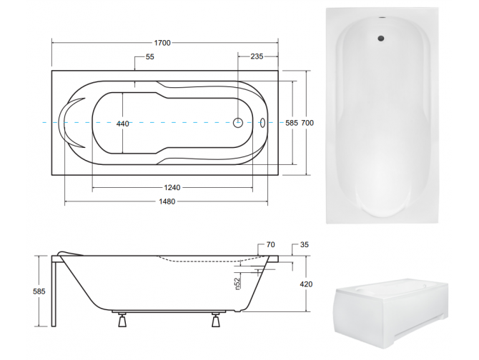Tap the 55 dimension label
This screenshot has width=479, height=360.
[149, 57]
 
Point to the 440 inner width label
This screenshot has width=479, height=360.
[123, 124]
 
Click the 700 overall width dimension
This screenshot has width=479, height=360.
[307, 124]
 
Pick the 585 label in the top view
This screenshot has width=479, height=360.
[290, 124]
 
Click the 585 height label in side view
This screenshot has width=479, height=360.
[40, 291]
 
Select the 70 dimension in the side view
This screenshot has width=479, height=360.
[270, 246]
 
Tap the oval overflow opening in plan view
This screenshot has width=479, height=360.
[263, 122]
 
